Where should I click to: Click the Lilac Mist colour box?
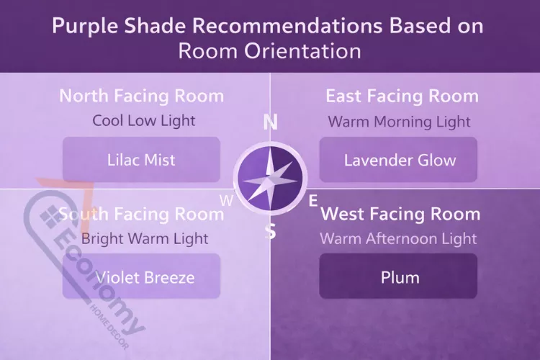tap(141, 159)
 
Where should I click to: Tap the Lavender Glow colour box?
tap(398, 159)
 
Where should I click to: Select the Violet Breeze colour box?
tap(141, 276)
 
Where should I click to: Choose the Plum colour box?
tap(398, 276)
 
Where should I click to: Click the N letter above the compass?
tap(271, 122)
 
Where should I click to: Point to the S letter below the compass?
tap(271, 232)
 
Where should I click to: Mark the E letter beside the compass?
tap(313, 201)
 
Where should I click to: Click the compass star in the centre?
tap(270, 177)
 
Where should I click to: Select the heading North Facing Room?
tap(141, 96)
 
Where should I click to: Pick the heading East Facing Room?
tap(402, 96)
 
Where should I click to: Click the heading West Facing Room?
tap(400, 214)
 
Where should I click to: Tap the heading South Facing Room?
tap(141, 214)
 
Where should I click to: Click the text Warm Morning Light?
tap(399, 121)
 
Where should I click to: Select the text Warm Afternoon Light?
tap(398, 238)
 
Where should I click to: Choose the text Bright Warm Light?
tap(145, 238)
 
